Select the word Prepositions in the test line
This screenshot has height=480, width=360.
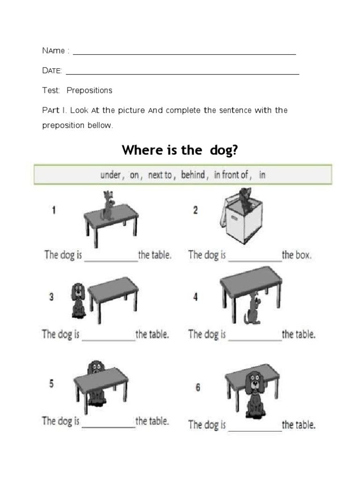point(90,90)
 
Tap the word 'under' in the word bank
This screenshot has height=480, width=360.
point(111,175)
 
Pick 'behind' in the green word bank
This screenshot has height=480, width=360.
point(193,175)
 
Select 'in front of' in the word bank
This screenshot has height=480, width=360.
point(231,175)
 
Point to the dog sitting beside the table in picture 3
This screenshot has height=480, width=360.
point(77,300)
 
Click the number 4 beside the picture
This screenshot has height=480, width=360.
point(196,297)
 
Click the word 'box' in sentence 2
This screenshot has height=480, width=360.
point(303,256)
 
